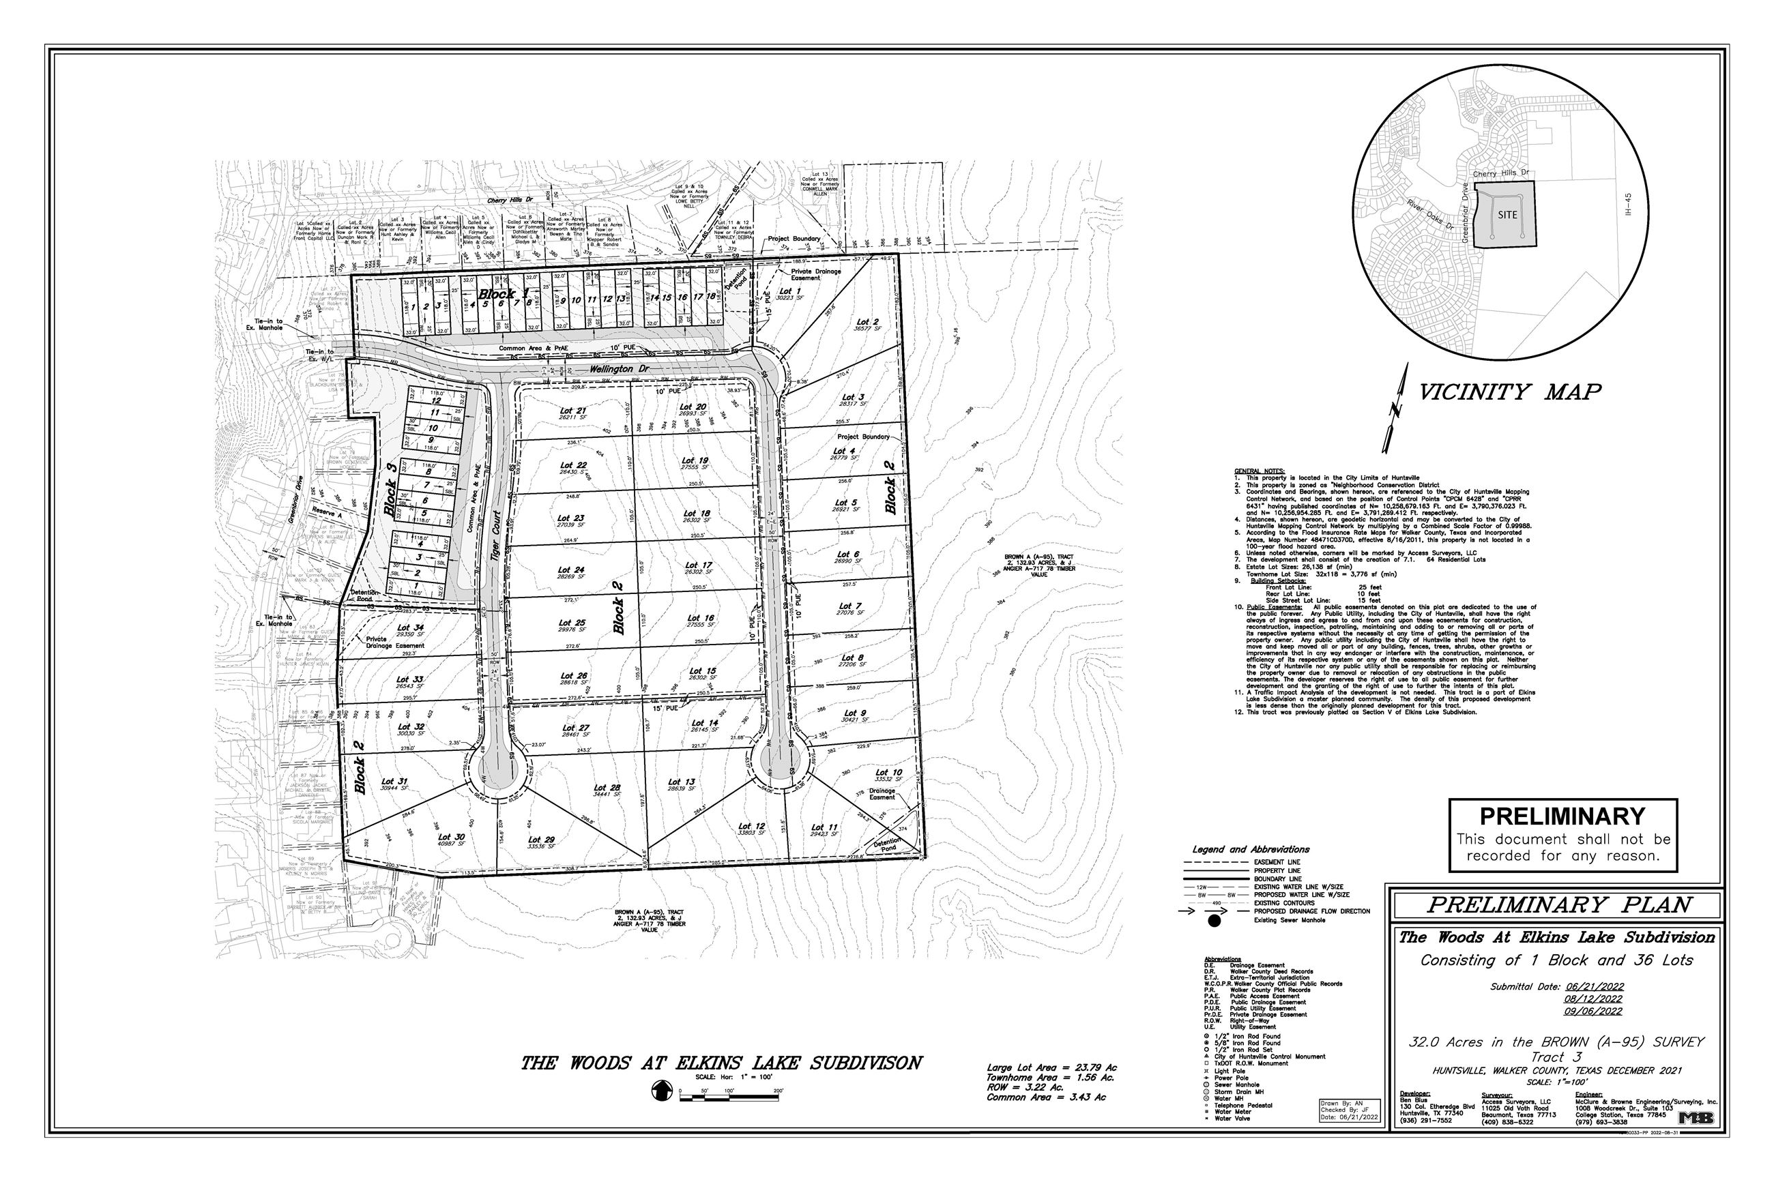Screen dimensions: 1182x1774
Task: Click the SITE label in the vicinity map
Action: tap(1507, 215)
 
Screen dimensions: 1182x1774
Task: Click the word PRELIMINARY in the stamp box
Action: tap(1562, 816)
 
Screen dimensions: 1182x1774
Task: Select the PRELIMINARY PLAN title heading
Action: tap(1559, 904)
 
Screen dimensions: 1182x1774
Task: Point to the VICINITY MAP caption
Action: tap(1509, 392)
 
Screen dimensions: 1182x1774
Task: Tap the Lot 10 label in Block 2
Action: tap(888, 773)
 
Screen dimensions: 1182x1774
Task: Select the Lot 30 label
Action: tap(451, 837)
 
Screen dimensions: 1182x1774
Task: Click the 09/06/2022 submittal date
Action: tap(1594, 1011)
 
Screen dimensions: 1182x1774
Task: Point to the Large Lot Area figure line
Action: tap(1051, 1067)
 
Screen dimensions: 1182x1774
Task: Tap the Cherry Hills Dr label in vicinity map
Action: tap(1500, 174)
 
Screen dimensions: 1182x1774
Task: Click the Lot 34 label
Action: tap(410, 627)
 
